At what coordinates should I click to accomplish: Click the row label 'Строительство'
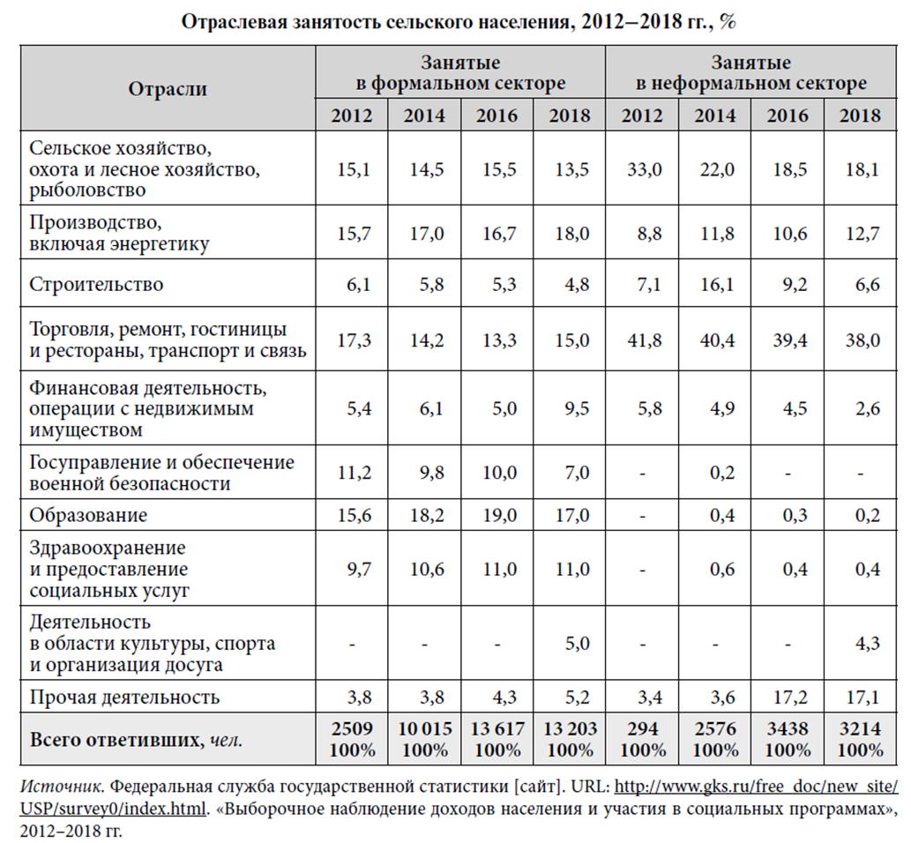click(96, 284)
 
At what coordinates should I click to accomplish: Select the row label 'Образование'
click(88, 515)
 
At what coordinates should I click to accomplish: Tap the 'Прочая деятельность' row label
click(124, 698)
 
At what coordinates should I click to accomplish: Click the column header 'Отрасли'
click(168, 89)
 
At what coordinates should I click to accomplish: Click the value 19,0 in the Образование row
click(497, 515)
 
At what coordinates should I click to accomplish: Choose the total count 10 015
click(424, 730)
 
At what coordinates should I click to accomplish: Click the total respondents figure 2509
click(352, 730)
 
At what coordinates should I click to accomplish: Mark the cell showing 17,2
click(788, 698)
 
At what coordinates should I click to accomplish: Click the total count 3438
click(788, 730)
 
